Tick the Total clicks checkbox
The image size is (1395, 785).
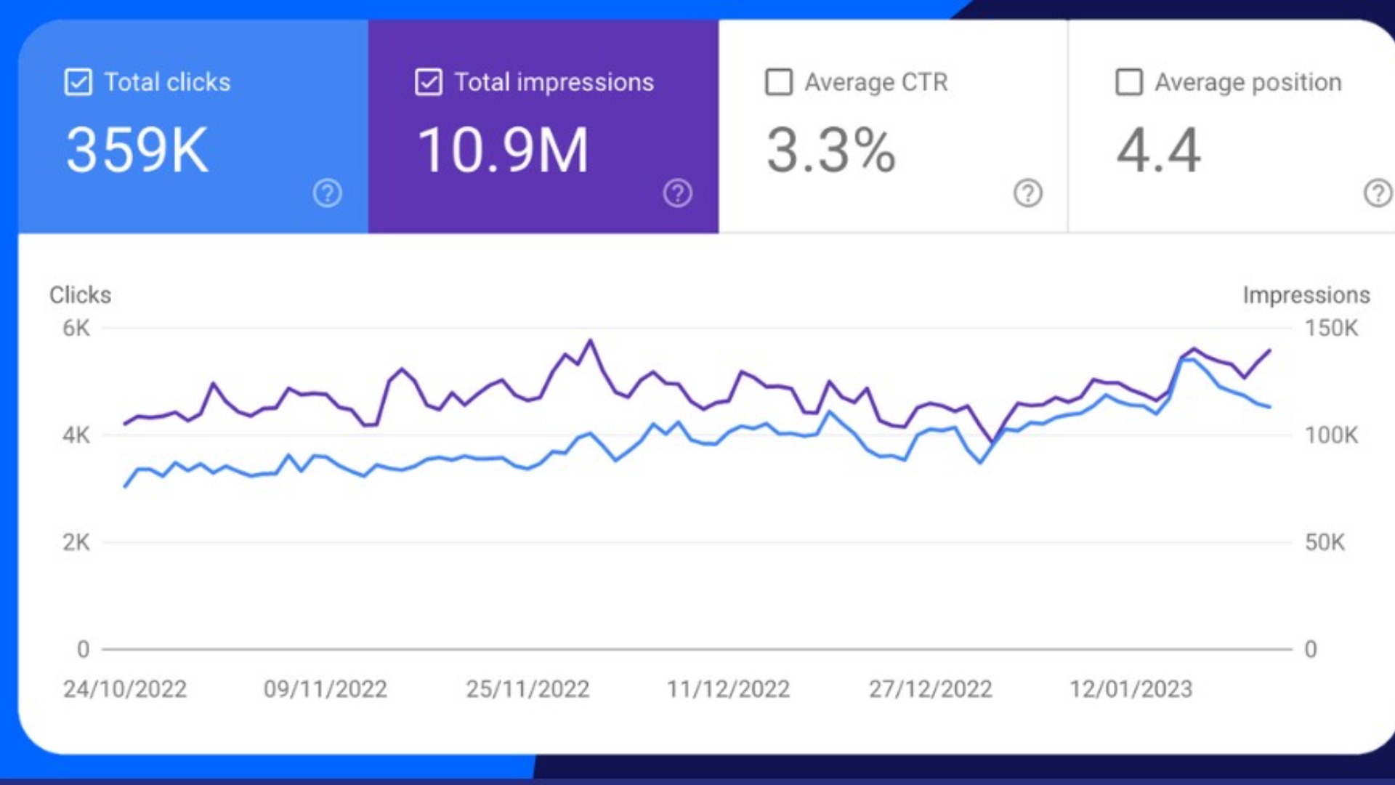(78, 82)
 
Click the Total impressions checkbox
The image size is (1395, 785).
(428, 82)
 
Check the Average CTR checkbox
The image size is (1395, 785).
(779, 82)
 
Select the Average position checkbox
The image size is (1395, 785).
(1129, 82)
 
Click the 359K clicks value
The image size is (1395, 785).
(137, 150)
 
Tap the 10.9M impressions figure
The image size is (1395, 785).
(503, 150)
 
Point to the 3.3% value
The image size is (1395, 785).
(830, 150)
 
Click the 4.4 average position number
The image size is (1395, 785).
(1158, 150)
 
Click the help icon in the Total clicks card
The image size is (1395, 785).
(327, 193)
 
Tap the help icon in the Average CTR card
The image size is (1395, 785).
(1027, 193)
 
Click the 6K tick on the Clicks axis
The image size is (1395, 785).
(76, 328)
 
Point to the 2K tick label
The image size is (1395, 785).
(76, 542)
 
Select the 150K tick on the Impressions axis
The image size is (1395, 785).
(1331, 328)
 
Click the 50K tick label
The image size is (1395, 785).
(1325, 542)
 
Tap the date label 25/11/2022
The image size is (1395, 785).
(527, 689)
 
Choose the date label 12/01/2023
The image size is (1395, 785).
(1131, 689)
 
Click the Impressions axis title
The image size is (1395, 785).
(1306, 295)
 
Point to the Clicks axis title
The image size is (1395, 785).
(80, 295)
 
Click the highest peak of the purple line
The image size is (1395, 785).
(591, 340)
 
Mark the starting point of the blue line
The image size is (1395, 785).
(126, 486)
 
